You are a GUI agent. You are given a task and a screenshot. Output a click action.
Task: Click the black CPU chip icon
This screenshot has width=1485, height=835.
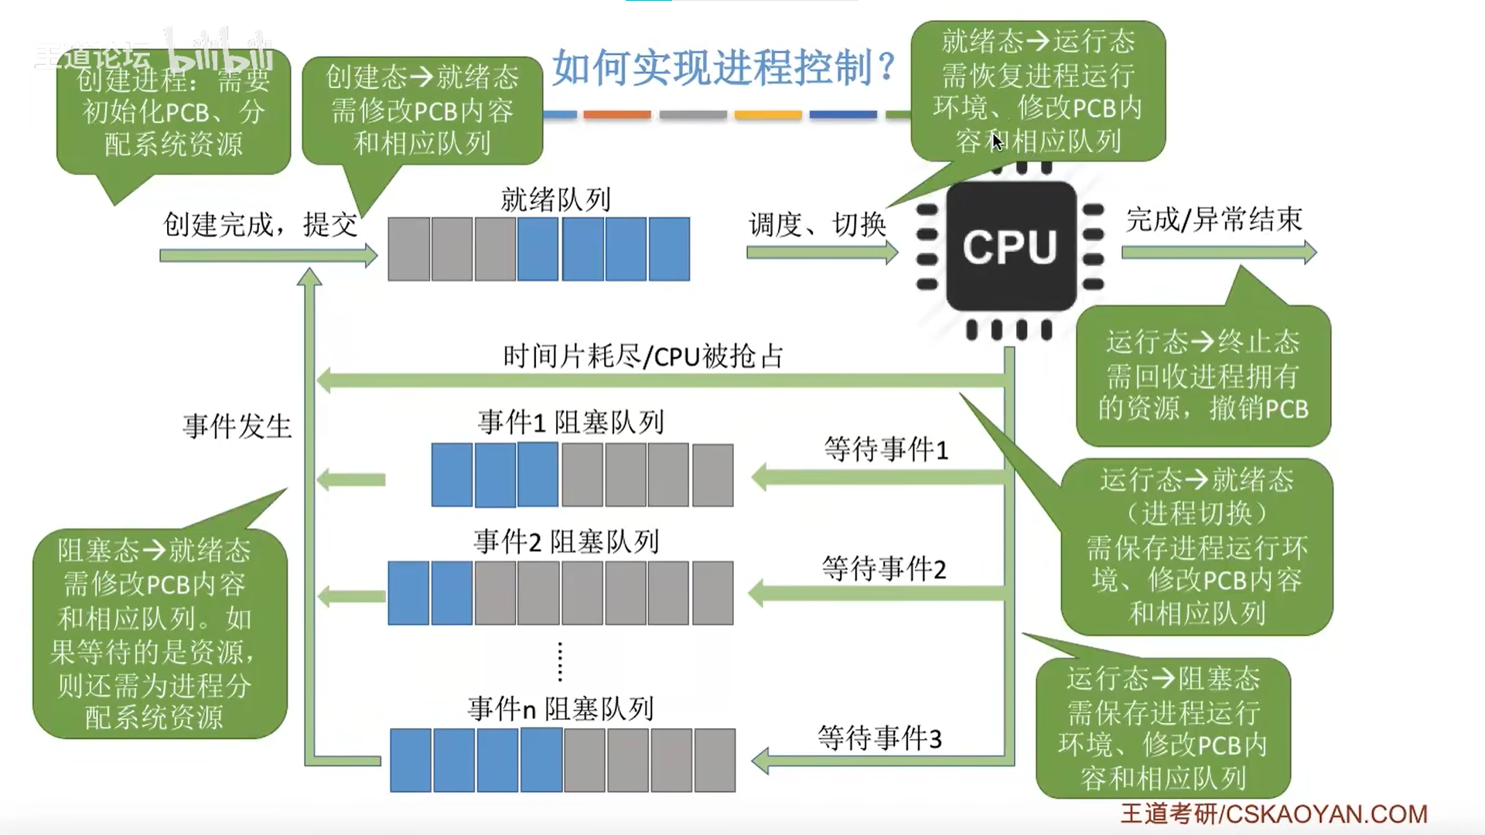[1010, 247]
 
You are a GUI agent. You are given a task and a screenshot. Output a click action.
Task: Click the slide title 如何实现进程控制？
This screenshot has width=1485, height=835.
[724, 68]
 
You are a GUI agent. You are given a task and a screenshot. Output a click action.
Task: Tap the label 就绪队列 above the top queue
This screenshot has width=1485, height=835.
[555, 199]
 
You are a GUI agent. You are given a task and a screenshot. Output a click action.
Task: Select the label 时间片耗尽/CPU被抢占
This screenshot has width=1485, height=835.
[643, 356]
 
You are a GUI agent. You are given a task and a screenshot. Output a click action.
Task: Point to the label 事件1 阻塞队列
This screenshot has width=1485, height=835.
[571, 422]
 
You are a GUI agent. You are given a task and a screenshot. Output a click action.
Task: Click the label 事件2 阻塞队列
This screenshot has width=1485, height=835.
[566, 542]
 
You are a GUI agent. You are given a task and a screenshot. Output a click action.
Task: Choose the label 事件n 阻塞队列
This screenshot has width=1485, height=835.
[561, 708]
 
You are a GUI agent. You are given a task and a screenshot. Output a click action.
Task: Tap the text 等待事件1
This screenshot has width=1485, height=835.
[886, 449]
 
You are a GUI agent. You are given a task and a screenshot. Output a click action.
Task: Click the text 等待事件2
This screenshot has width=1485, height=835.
[883, 569]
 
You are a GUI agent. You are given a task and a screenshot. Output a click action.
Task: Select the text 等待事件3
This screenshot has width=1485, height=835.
[879, 738]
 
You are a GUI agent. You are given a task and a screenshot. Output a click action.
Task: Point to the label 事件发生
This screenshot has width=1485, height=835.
[237, 426]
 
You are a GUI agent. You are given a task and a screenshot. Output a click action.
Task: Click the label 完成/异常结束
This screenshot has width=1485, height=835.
[1214, 220]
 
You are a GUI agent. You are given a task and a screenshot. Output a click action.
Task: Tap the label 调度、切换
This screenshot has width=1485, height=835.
[817, 224]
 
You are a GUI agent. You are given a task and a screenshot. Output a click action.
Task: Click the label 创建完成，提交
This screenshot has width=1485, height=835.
[261, 224]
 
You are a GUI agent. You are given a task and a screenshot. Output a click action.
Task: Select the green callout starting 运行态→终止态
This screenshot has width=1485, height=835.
[1203, 376]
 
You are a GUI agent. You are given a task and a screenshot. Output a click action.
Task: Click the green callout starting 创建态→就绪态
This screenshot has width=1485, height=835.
[422, 110]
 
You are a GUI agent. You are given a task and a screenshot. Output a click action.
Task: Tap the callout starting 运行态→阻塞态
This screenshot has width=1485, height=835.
[1162, 728]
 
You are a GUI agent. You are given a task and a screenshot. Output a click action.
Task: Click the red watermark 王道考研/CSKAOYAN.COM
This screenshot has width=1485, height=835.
[1274, 813]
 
